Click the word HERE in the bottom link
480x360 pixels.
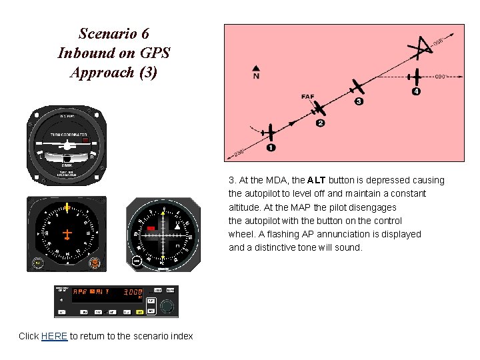[x=54, y=336]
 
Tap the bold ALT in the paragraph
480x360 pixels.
[x=317, y=180]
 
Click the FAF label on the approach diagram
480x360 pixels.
[x=307, y=97]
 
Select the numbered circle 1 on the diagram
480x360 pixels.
[x=271, y=147]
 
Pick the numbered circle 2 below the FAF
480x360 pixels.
[x=321, y=123]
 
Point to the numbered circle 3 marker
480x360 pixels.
[x=359, y=101]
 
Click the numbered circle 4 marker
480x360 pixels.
[x=416, y=91]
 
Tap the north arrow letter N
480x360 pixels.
[x=256, y=76]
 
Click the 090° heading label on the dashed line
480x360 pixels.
[x=440, y=77]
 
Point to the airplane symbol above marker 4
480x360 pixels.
[x=416, y=76]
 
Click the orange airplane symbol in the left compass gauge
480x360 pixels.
[x=67, y=234]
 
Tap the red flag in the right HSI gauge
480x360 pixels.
[x=151, y=229]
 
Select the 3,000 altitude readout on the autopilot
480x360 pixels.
[x=133, y=292]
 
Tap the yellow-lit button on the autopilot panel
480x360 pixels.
[x=139, y=311]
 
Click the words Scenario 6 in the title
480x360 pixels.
[x=113, y=33]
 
